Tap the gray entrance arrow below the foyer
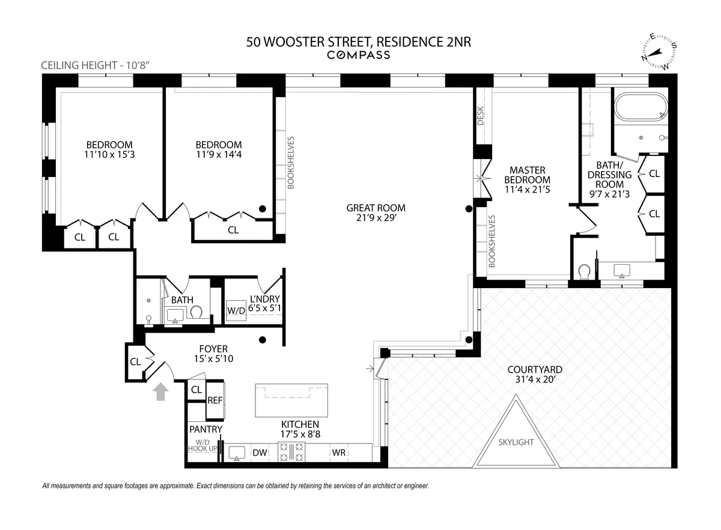pos(160,393)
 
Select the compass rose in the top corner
pos(659,52)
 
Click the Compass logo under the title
pos(358,55)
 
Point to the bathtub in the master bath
pos(639,107)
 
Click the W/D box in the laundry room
pos(235,311)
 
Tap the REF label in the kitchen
pos(214,400)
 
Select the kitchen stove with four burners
pos(291,452)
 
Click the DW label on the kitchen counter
pos(260,453)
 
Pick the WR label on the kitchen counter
pos(338,453)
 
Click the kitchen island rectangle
pos(292,400)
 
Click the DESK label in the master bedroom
pos(481,116)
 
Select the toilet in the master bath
pos(583,272)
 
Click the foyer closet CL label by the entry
pos(135,361)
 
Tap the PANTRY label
pos(205,430)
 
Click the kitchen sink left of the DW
pos(237,453)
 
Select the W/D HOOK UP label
pos(201,445)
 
